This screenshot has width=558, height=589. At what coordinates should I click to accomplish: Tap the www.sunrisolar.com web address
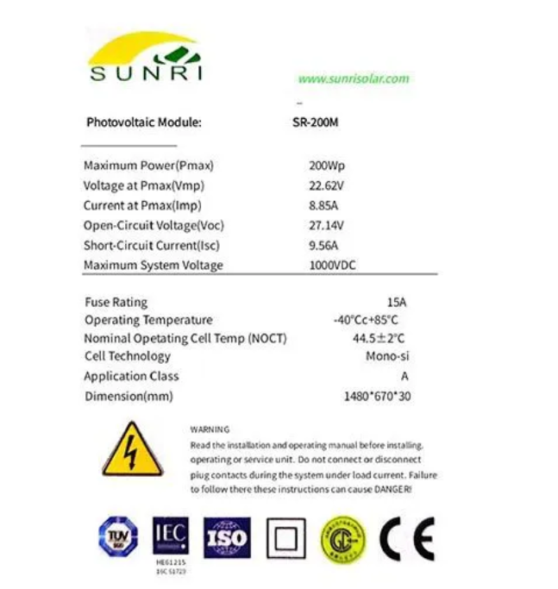tap(354, 78)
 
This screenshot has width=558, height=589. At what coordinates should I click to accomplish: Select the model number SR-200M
tap(316, 122)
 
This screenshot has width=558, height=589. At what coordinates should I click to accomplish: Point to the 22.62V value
tap(326, 185)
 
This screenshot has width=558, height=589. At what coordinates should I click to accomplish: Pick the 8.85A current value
tap(323, 205)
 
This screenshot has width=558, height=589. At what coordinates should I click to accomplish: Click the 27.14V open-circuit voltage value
tap(326, 225)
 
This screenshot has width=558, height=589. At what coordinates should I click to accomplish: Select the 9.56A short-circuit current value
tap(323, 245)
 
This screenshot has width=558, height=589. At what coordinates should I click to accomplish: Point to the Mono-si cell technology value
tap(386, 356)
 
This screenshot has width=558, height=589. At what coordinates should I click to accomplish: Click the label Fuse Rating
tap(116, 302)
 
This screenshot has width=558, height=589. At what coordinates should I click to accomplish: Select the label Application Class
tap(131, 376)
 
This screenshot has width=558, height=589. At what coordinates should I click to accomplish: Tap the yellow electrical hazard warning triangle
tap(132, 449)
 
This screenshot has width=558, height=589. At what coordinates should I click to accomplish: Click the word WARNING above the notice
tap(210, 429)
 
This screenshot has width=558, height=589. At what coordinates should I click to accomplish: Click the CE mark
tap(407, 538)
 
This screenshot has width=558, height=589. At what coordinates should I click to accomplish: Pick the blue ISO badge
tap(227, 538)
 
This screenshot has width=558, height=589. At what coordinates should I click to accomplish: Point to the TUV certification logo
tap(117, 537)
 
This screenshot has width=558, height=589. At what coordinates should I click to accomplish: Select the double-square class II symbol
tap(285, 539)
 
